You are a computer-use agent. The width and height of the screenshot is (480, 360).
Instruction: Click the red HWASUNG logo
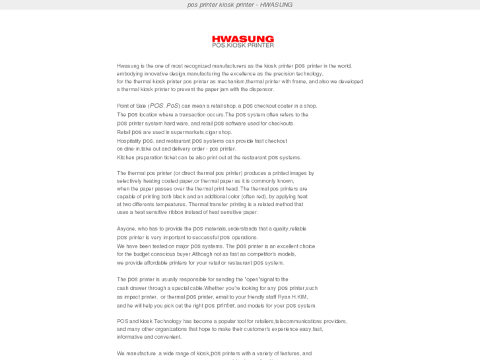242,39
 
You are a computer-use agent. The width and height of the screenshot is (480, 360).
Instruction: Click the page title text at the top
240,5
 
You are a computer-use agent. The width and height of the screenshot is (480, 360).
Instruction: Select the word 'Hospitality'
129,141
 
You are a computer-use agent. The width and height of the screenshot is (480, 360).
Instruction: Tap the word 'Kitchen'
126,157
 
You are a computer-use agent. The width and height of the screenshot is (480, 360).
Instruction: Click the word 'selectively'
130,181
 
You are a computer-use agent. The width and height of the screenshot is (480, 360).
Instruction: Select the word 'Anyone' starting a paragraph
125,229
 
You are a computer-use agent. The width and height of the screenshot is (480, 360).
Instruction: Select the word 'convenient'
168,337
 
